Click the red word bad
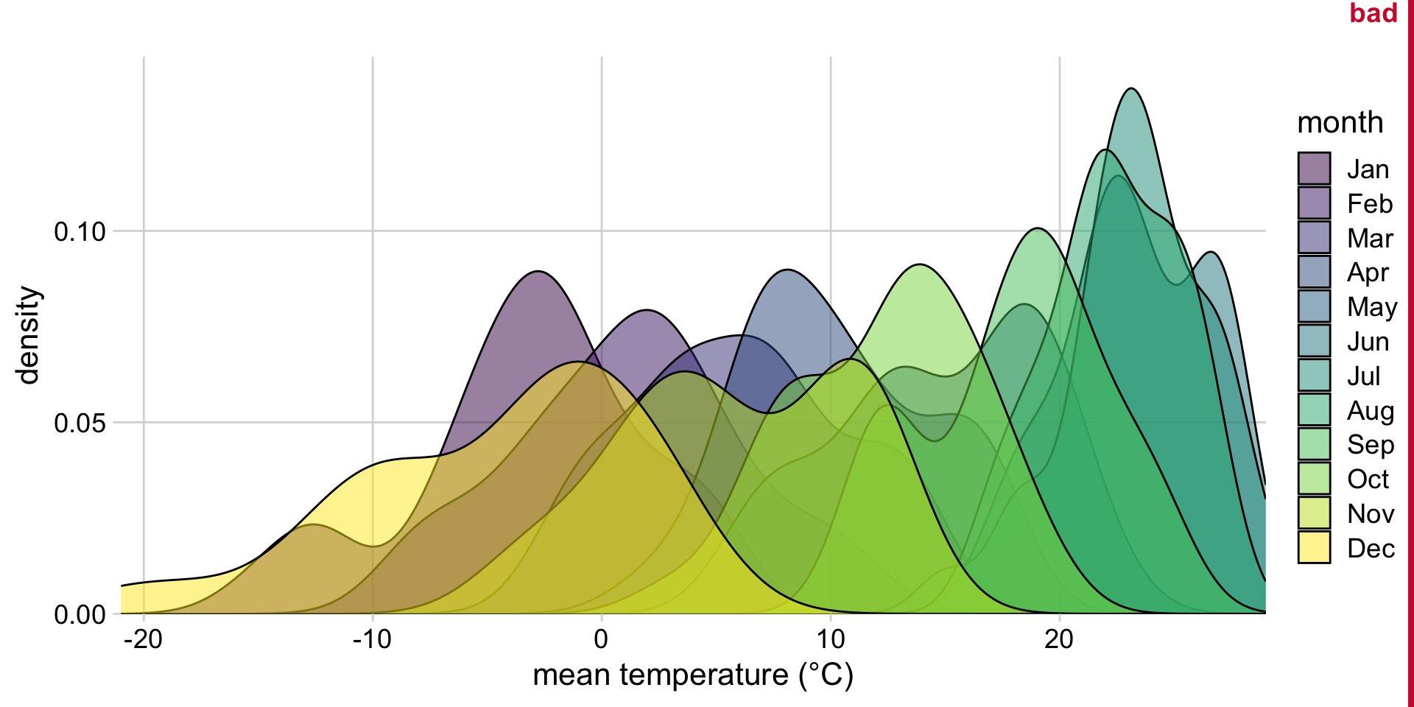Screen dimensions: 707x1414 (1373, 13)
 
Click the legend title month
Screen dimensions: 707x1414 (1340, 122)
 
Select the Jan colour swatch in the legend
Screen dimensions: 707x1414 (1314, 169)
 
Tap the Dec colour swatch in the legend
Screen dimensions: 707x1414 (1314, 547)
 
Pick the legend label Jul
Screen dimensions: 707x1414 (1363, 376)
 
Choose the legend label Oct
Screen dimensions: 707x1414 (1368, 479)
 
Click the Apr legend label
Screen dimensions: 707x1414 (1368, 272)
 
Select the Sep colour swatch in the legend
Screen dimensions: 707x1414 (1314, 444)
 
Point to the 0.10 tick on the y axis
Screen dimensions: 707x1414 (80, 231)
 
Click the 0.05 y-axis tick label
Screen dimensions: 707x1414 (80, 423)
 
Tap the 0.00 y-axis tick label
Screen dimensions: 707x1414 (80, 614)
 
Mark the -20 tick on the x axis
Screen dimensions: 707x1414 (143, 639)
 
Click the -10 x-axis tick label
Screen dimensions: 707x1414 (372, 639)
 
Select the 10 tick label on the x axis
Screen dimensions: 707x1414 (830, 639)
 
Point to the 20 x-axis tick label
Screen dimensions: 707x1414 (1059, 639)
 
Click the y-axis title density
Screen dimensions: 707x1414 (28, 335)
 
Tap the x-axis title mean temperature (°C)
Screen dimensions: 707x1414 (692, 675)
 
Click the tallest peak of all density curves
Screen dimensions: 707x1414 (1132, 89)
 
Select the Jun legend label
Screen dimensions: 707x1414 (1368, 342)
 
